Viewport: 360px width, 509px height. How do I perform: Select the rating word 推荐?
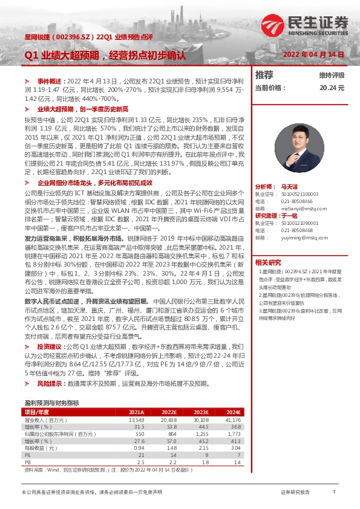tap(264, 75)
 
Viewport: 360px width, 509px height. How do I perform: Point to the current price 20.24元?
tap(332, 88)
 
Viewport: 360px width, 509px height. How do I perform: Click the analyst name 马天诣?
tap(290, 187)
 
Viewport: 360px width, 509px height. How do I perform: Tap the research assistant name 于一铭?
tap(290, 216)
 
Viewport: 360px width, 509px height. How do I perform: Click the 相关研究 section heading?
tap(268, 262)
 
